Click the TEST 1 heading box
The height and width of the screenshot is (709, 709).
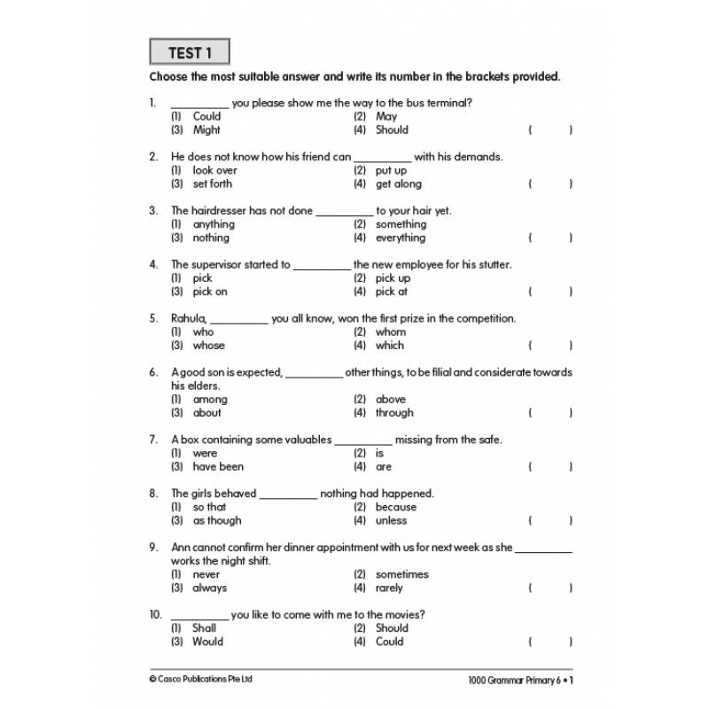(190, 52)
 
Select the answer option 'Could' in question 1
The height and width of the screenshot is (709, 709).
(206, 116)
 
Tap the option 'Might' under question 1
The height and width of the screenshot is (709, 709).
(206, 129)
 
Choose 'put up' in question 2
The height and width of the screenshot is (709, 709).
(391, 170)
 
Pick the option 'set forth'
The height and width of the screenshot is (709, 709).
(212, 183)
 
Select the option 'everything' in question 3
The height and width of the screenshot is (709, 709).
(401, 238)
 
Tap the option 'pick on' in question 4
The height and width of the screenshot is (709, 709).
(210, 292)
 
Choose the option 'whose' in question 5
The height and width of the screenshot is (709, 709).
(208, 346)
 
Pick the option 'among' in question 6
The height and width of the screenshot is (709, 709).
(210, 400)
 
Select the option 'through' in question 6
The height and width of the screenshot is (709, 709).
(394, 413)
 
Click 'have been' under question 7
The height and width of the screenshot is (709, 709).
(218, 467)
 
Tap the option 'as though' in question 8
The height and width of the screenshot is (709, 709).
(216, 521)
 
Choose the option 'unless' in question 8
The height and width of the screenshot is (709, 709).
(391, 521)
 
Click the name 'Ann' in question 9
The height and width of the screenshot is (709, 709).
(182, 548)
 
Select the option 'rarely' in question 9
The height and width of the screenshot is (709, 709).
(389, 588)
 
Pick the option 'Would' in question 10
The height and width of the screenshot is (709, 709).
(207, 642)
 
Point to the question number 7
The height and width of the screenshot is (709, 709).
(152, 440)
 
